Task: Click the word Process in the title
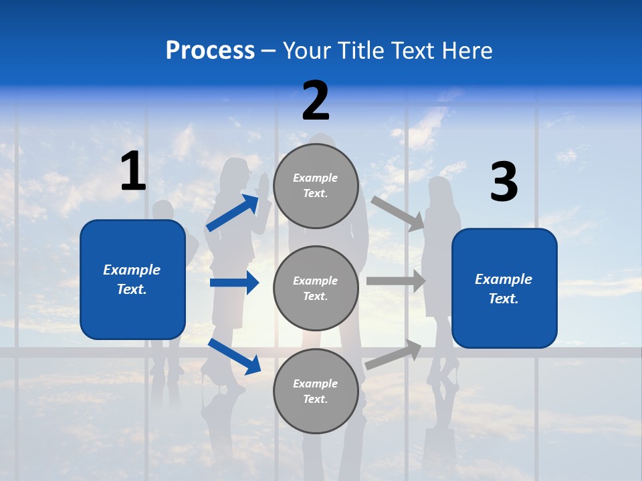210,51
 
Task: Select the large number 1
133,172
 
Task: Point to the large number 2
316,102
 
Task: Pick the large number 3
504,182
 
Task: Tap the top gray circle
316,186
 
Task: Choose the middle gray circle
316,288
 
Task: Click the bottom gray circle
316,391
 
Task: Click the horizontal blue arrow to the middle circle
235,283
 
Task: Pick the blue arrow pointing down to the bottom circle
235,356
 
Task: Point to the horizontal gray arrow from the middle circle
396,281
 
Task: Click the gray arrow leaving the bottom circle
394,355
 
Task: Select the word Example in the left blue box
132,270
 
